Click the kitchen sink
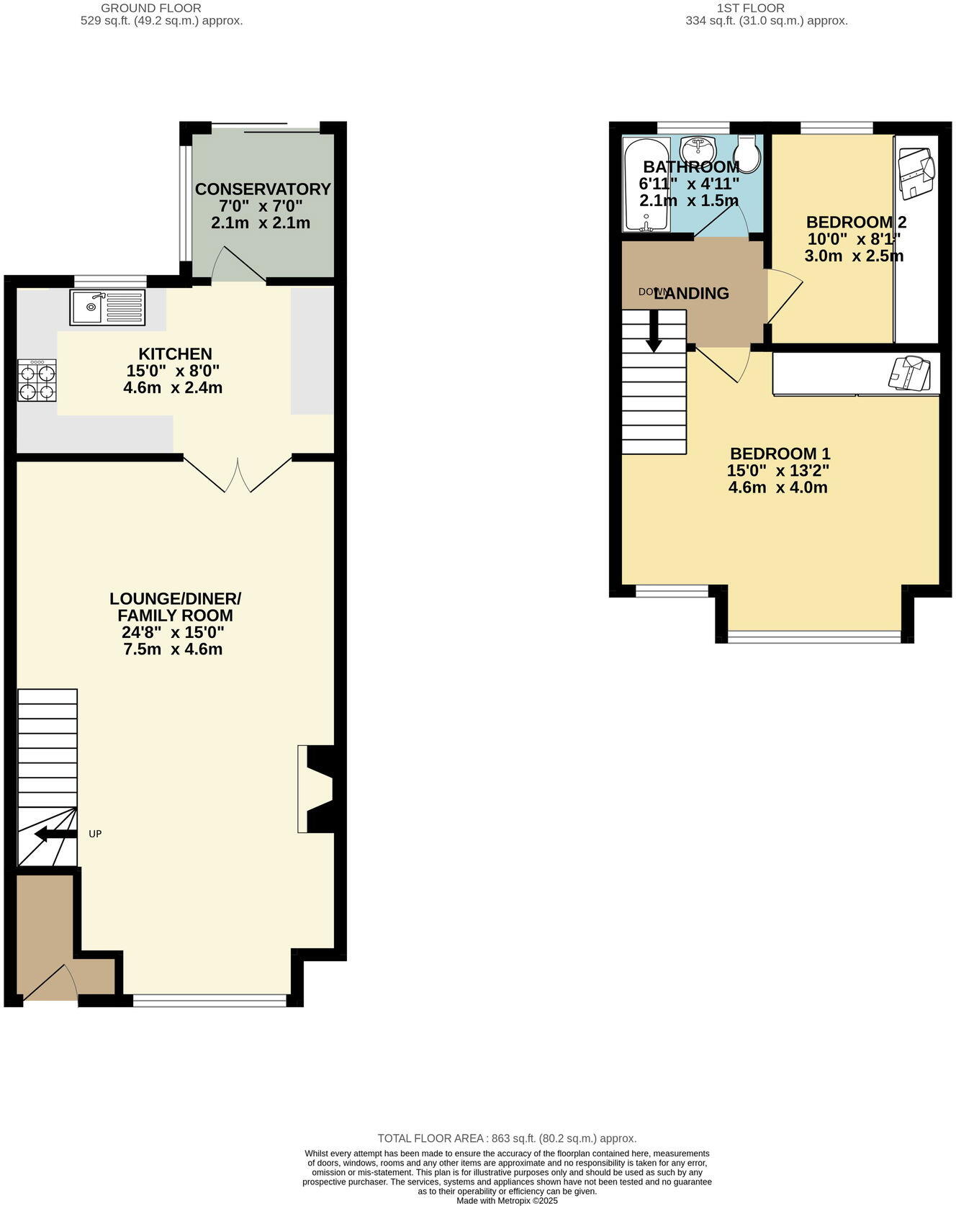107,307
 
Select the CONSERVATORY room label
263,189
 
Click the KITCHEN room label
175,354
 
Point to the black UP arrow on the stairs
55,834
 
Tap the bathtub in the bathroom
646,185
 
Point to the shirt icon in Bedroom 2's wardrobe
916,172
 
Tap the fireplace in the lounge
317,789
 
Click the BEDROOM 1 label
780,454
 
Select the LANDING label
691,294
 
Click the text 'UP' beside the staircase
95,834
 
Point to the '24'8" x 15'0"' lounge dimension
173,633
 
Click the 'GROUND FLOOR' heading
151,8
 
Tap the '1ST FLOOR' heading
751,8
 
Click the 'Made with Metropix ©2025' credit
507,1200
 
